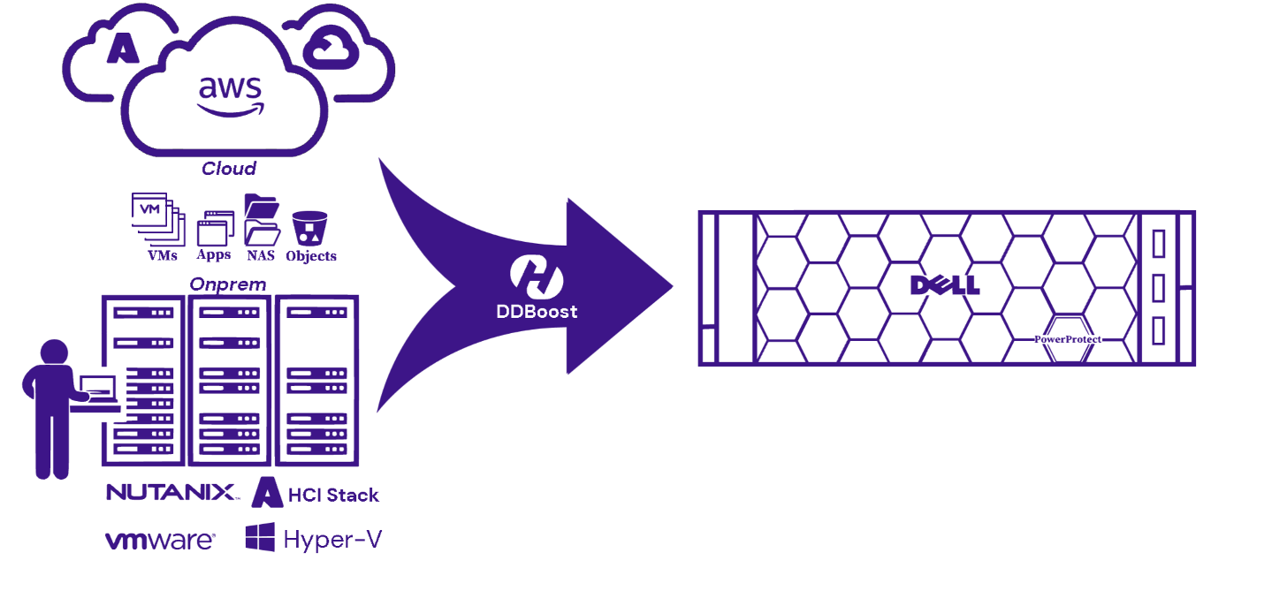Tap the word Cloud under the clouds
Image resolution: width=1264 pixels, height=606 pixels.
pos(229,168)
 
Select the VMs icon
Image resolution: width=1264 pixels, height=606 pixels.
pos(155,217)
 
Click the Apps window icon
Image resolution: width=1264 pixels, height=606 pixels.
pos(215,229)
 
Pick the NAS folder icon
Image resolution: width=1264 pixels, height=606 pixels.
pos(262,220)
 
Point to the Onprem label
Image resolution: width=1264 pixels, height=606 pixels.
pos(228,284)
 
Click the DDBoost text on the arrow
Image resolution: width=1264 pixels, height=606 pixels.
pos(537,311)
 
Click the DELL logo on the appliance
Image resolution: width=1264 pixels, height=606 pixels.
pos(945,285)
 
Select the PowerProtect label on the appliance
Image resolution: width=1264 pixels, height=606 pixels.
pos(1068,338)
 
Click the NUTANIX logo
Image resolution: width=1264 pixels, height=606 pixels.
pos(171,492)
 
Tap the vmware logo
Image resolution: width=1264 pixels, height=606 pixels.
pos(160,540)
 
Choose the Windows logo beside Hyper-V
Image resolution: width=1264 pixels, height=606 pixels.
pos(260,538)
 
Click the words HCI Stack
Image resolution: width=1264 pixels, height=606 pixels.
pos(333,495)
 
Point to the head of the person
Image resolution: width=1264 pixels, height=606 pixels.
pos(54,353)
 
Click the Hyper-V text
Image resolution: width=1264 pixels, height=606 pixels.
pos(332,539)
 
